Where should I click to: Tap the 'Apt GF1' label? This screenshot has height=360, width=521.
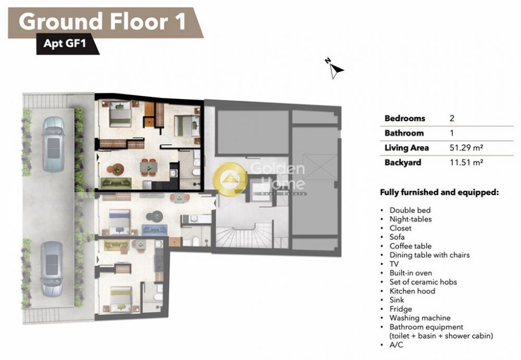coord(65,43)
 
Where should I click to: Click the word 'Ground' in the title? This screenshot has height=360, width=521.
coord(61,21)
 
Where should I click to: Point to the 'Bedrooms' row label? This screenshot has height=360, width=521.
coord(405,118)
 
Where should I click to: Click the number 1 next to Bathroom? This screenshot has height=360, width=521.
coord(452,133)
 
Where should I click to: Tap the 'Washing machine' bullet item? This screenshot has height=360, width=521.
coord(420,318)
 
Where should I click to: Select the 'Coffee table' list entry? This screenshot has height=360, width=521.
coord(411,246)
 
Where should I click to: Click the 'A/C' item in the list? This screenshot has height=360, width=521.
coord(396,345)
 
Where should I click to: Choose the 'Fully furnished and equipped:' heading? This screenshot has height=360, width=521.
coord(439,192)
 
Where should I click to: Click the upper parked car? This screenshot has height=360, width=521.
coord(53,144)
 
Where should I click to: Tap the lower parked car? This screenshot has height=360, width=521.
coord(52,269)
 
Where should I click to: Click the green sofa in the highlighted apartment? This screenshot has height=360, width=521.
coord(116,183)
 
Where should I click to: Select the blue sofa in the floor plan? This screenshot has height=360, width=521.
coord(155,230)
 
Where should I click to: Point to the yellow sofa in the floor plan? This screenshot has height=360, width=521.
coord(116,246)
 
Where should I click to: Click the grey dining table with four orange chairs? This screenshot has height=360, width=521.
coord(148,167)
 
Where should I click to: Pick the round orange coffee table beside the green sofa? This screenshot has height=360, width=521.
coord(116,169)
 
